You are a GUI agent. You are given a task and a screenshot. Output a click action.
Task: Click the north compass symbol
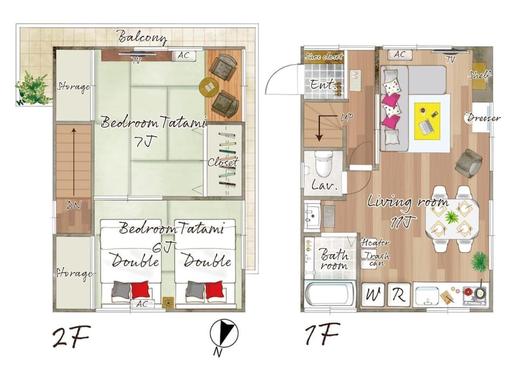tap(224, 334)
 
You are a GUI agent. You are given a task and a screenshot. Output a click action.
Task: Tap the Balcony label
tap(142, 37)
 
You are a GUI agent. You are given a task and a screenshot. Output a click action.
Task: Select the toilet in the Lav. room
tap(323, 164)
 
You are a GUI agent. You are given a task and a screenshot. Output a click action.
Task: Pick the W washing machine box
tap(373, 294)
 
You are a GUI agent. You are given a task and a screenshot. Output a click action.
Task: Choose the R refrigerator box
tap(398, 294)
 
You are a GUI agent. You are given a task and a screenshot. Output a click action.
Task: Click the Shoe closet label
tap(324, 56)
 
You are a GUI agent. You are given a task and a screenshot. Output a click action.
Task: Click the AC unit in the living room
tap(400, 54)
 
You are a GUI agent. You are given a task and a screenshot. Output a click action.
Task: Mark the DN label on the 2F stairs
tap(74, 205)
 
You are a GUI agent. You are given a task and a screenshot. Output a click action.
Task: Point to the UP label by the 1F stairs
tap(347, 117)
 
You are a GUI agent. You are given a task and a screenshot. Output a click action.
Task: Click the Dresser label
tap(483, 118)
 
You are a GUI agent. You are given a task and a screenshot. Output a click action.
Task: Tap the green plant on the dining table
tap(451, 218)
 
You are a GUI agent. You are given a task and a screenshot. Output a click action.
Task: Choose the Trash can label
tap(376, 259)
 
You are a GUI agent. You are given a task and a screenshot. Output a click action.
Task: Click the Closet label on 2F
tap(223, 162)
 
